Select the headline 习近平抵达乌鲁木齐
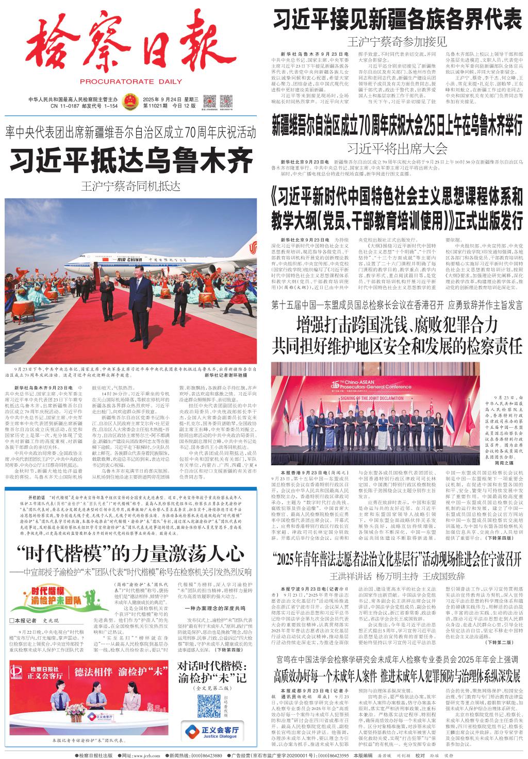tap(130, 161)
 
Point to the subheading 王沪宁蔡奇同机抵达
tap(131, 186)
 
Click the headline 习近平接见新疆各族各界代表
tap(397, 22)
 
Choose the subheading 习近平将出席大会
tap(397, 149)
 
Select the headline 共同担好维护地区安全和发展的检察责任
tap(397, 345)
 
